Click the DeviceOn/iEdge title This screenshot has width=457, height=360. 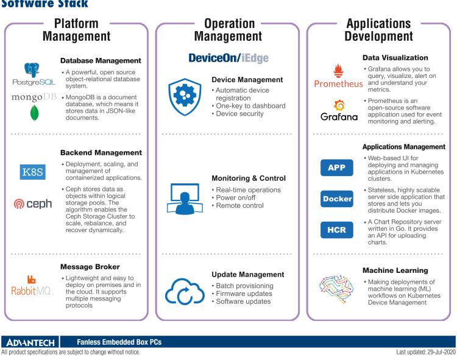click(x=228, y=58)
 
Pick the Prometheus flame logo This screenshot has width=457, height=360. click(x=336, y=71)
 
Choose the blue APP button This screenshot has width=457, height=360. click(x=336, y=168)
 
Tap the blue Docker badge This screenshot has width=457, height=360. click(x=336, y=199)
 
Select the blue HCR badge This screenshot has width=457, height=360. click(x=336, y=230)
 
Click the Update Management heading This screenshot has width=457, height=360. click(x=248, y=275)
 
